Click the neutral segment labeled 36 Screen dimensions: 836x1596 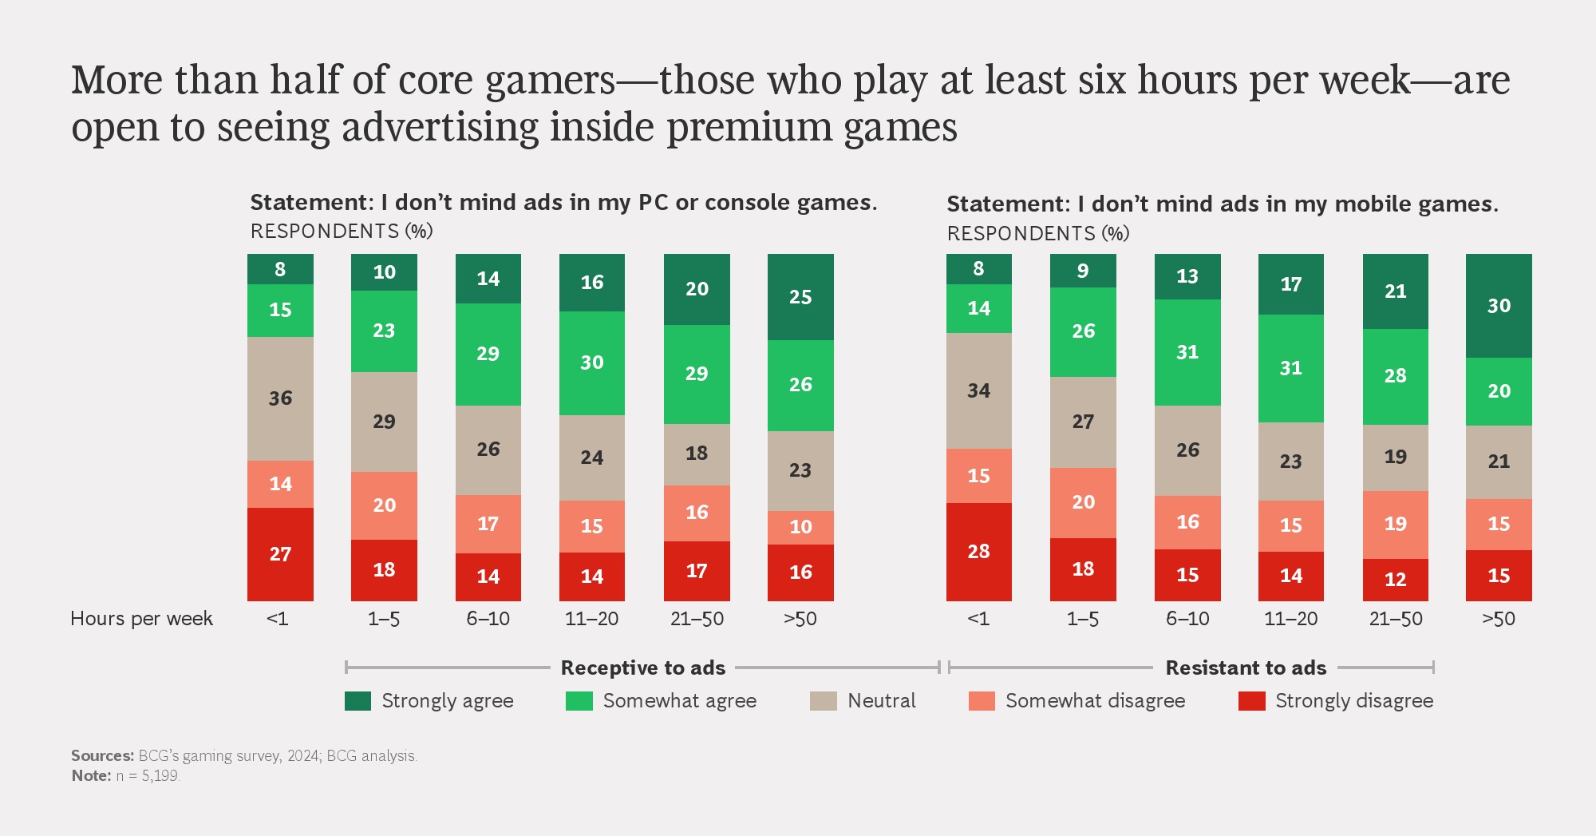point(280,398)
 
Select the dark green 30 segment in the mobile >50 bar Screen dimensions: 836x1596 point(1499,306)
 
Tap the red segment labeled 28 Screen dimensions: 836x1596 point(978,551)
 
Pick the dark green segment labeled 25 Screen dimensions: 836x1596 point(800,297)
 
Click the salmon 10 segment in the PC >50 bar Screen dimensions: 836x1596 point(800,527)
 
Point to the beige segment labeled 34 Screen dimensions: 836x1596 point(978,390)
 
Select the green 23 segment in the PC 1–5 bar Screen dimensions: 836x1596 point(384,331)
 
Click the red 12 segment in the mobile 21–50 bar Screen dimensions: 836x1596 point(1395,579)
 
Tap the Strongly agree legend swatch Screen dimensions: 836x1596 point(358,701)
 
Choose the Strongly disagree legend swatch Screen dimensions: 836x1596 point(1251,701)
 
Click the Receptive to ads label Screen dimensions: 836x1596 point(642,668)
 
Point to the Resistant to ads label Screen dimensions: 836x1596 point(1245,668)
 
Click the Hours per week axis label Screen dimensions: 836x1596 point(141,619)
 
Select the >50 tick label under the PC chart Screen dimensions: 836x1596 point(800,619)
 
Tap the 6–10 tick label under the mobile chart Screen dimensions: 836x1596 point(1187,619)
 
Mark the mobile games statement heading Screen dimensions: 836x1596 point(1222,204)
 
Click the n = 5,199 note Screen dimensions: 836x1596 point(148,776)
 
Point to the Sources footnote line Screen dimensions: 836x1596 point(243,756)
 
